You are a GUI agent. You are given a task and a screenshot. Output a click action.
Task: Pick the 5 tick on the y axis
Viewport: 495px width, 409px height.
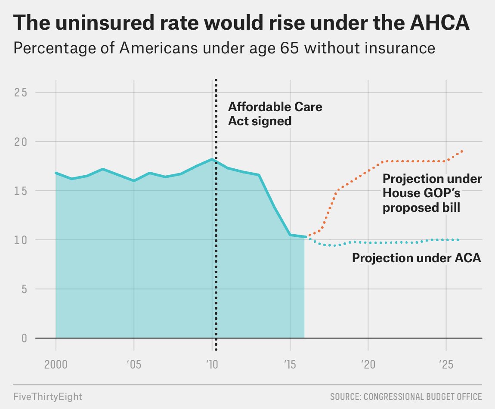(x=24, y=289)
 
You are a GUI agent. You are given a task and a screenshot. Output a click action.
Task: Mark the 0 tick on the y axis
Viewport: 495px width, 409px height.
(x=24, y=338)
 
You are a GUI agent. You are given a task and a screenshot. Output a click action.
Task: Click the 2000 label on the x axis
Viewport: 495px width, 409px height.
(x=56, y=365)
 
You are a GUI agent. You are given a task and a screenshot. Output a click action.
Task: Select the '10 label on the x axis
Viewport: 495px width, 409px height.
(x=211, y=365)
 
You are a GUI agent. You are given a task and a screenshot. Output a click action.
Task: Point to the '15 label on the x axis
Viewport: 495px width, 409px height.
(x=290, y=365)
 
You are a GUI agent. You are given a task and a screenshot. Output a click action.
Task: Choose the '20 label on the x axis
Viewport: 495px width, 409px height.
(x=368, y=365)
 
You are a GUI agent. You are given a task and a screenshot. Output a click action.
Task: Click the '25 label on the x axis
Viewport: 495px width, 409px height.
(x=446, y=365)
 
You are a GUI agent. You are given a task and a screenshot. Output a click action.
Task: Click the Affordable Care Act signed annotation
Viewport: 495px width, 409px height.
(x=275, y=114)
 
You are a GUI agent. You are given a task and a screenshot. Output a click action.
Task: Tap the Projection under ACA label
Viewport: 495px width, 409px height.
(x=416, y=258)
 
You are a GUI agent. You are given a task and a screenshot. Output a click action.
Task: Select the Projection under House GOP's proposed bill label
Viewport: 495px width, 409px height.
(x=432, y=193)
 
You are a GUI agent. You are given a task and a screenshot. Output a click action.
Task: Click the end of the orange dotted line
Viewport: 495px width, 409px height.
(x=462, y=151)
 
